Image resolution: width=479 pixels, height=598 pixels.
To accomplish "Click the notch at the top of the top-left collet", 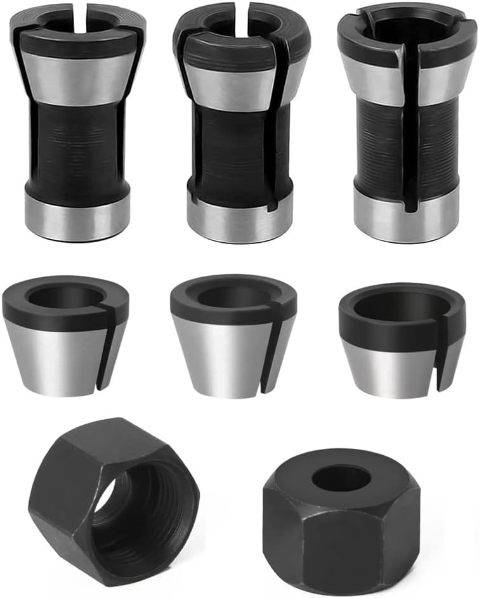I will tap(79, 19).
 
